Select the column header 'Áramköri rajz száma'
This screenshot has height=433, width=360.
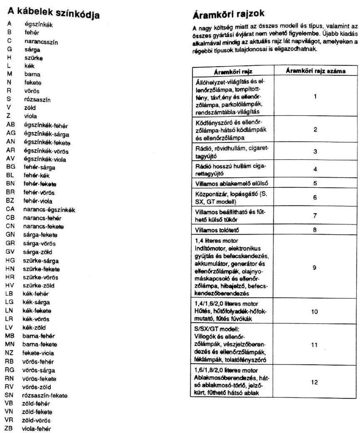315,71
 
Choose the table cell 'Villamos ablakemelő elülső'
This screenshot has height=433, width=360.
232,184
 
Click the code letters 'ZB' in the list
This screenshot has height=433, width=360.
9,428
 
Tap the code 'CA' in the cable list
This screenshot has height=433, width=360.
10,209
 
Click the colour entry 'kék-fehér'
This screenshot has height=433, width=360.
35,294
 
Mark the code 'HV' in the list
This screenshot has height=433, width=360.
10,285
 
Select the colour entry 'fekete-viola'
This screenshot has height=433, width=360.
38,353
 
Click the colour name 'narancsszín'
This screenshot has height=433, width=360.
41,41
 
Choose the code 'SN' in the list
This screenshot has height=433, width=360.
10,395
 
